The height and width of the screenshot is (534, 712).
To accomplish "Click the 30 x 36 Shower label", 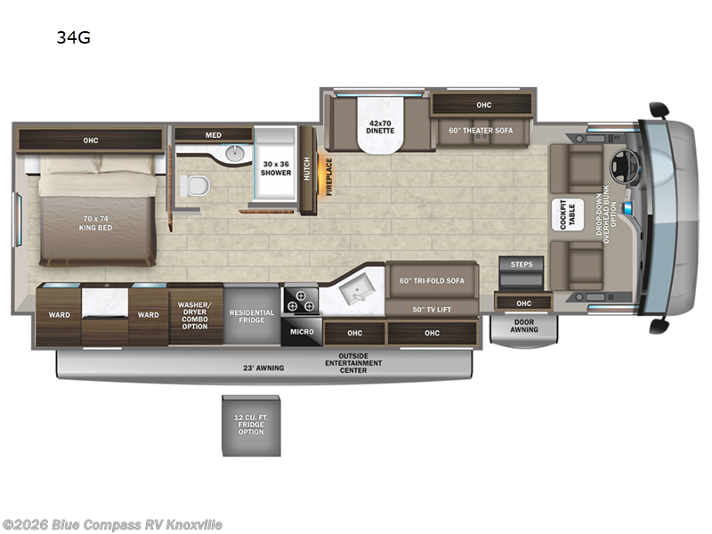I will [276, 168].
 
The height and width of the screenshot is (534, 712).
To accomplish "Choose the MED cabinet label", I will [213, 135].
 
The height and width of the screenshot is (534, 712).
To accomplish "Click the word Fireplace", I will [328, 176].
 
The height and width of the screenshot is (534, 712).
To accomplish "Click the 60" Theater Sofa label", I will [481, 131].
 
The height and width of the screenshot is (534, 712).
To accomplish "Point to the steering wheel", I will [618, 166].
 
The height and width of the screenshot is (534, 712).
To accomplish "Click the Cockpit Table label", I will [563, 214].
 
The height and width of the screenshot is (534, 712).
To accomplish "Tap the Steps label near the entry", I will [521, 263].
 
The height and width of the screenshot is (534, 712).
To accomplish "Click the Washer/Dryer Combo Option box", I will [194, 316].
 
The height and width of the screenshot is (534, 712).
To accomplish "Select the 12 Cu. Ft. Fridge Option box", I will [250, 425].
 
